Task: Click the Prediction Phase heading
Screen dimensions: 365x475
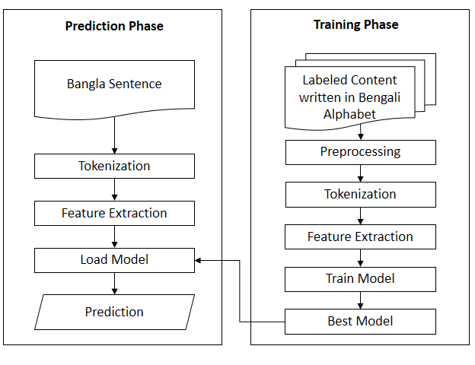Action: [x=114, y=26]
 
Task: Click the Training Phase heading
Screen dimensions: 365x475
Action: [x=355, y=24]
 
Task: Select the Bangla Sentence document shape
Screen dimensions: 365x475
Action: [x=114, y=87]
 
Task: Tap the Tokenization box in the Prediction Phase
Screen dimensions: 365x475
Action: [x=114, y=166]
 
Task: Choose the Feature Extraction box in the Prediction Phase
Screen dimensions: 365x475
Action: [x=114, y=213]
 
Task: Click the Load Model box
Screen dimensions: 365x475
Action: [x=114, y=259]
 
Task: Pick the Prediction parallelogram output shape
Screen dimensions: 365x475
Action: [x=114, y=312]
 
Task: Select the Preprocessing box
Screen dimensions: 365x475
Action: [x=360, y=151]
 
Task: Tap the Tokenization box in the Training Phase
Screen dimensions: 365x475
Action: [x=360, y=194]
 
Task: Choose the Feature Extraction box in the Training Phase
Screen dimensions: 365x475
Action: [x=360, y=236]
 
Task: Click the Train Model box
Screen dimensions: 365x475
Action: [x=360, y=278]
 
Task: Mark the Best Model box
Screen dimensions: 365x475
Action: [x=360, y=321]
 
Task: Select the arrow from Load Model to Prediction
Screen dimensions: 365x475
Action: [x=114, y=283]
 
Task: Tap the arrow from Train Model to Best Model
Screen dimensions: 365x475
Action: [x=360, y=300]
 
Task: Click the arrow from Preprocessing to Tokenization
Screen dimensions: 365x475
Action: [x=360, y=173]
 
